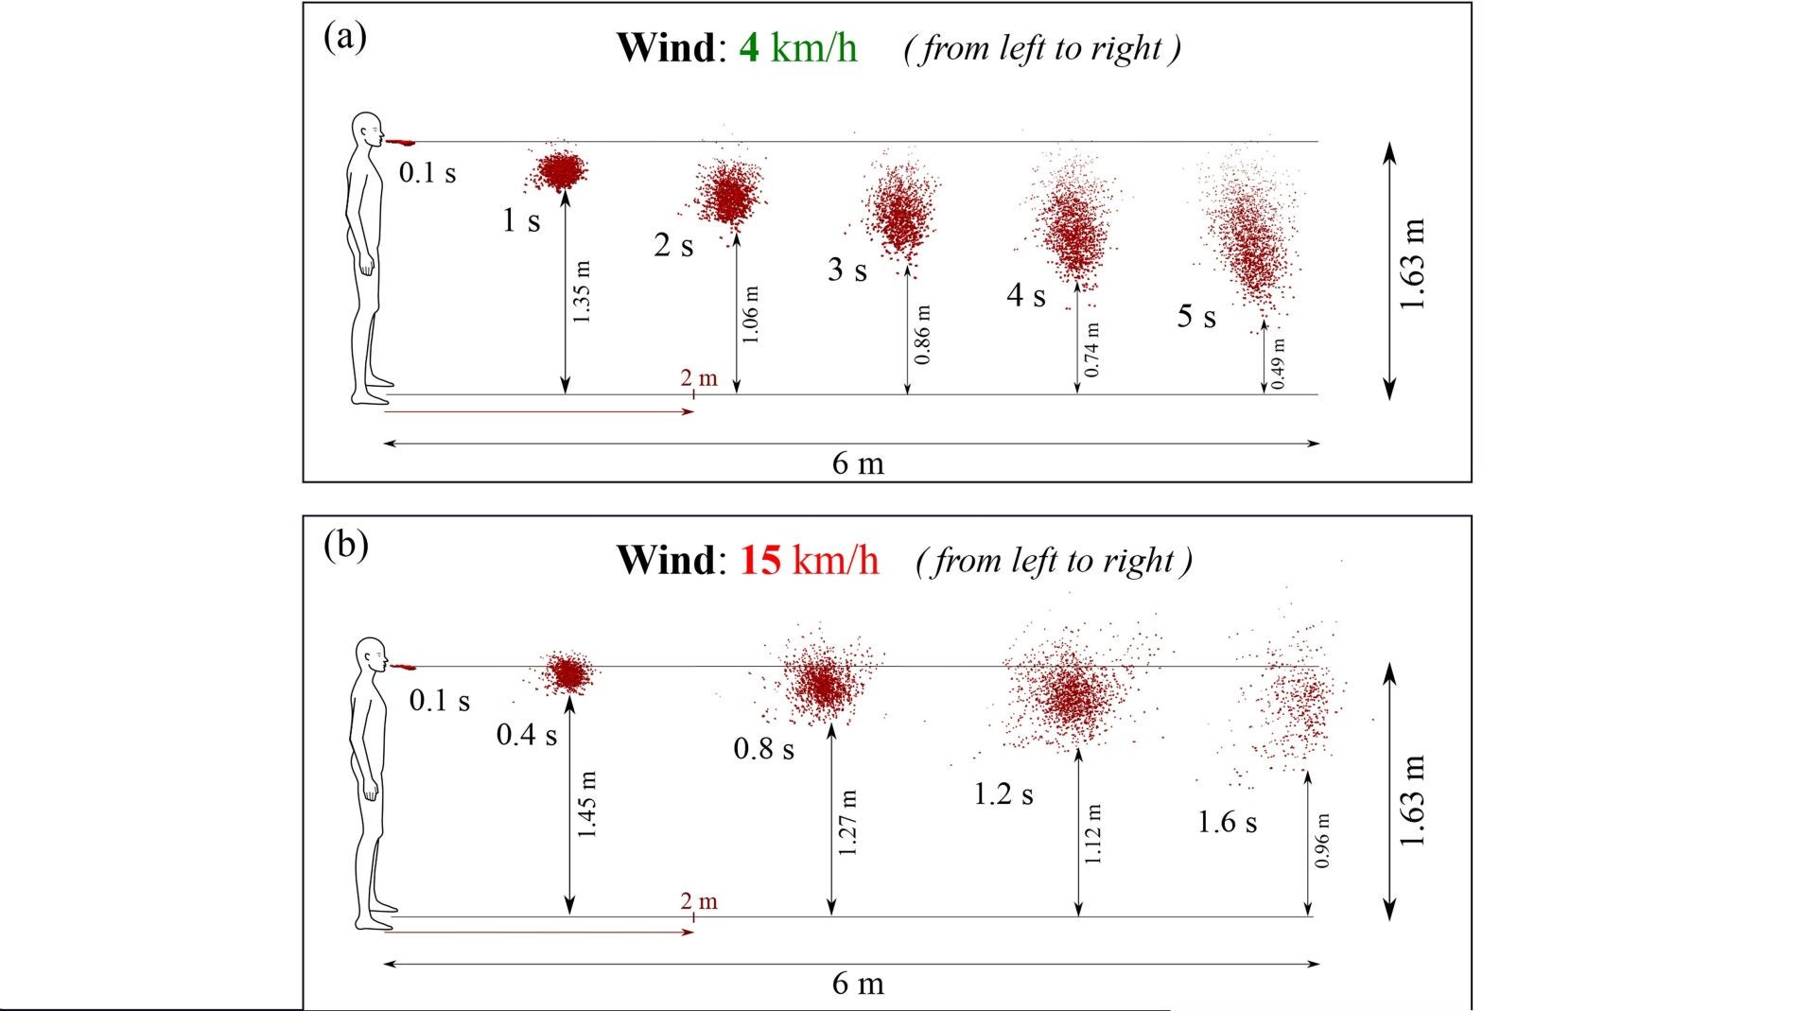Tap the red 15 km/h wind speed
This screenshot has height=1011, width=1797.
tap(810, 560)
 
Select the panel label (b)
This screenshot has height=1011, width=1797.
tap(345, 546)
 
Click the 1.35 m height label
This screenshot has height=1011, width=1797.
tap(583, 292)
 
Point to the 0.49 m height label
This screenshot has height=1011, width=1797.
tap(1278, 363)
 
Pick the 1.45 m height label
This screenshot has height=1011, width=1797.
tap(587, 804)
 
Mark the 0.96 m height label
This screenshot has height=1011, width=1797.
tap(1322, 840)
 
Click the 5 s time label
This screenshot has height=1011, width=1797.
tap(1196, 316)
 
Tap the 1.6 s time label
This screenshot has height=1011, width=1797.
tap(1227, 822)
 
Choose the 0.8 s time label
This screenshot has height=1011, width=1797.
tap(763, 749)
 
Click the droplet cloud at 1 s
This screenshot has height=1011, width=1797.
tap(562, 171)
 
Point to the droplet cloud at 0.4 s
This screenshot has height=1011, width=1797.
tap(569, 673)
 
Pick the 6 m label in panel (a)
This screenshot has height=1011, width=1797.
tap(858, 463)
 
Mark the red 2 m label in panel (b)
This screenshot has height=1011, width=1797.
tap(699, 901)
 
